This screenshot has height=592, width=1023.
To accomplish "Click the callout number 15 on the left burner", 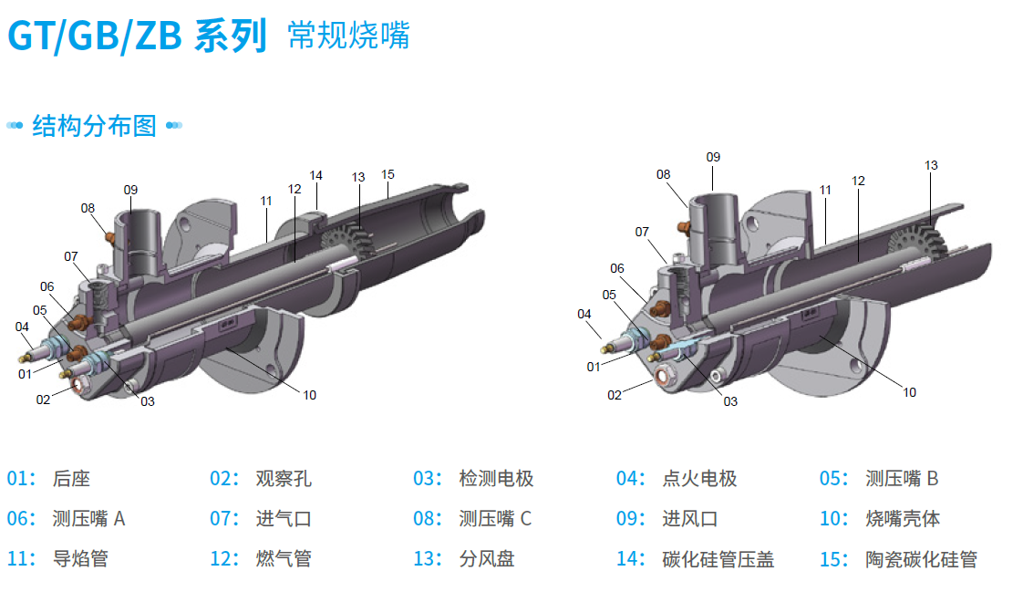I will tap(387, 174).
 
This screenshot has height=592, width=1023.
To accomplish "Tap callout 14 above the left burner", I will tap(315, 175).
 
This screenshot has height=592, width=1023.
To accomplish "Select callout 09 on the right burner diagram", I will tap(713, 157).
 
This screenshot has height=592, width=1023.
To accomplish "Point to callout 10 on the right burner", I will tap(909, 392).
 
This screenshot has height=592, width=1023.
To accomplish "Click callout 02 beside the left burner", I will tap(43, 399).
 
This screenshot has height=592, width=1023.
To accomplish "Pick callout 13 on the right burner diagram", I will tap(931, 165).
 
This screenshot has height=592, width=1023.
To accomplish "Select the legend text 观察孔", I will tap(284, 479).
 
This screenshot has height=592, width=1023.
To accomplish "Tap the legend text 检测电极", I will tap(496, 479).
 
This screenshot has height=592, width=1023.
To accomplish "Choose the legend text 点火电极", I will tap(699, 479).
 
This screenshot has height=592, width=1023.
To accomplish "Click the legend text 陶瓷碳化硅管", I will tap(921, 559).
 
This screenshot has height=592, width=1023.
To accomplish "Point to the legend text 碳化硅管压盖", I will tap(718, 559).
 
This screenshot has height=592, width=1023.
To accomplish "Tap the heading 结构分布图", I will tap(94, 125).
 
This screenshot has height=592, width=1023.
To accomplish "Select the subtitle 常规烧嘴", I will tap(348, 36).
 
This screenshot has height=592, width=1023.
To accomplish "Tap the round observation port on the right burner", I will tap(663, 375).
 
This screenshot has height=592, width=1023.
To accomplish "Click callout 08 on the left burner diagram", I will tap(88, 208).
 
